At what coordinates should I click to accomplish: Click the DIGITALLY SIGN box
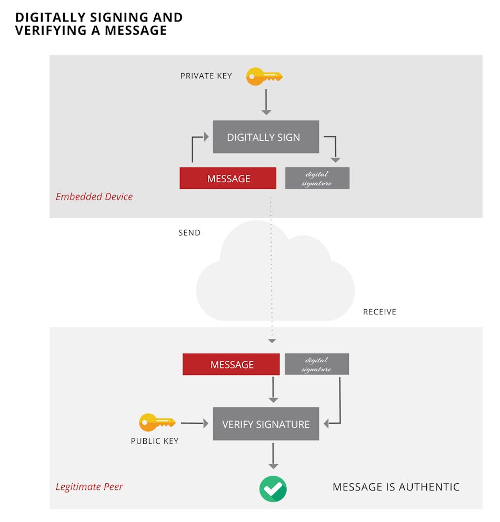(x=266, y=137)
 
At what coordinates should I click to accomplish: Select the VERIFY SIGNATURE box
(x=266, y=424)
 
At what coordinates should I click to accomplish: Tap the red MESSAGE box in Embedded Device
(x=228, y=178)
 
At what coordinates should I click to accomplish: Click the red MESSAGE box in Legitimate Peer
(x=231, y=364)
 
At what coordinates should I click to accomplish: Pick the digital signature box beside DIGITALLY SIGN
(x=317, y=178)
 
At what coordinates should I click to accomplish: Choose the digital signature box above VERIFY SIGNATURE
(x=316, y=364)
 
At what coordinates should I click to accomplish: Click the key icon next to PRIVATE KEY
(x=264, y=77)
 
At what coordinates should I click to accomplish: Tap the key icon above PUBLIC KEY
(x=156, y=422)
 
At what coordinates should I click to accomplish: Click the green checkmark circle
(x=273, y=489)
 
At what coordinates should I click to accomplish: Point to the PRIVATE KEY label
(x=206, y=76)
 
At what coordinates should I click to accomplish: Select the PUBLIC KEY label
(x=155, y=441)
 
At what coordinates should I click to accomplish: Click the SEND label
(x=189, y=233)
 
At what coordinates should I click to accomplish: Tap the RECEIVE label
(x=379, y=312)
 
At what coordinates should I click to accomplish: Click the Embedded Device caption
(x=94, y=197)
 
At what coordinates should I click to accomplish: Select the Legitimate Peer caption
(x=89, y=487)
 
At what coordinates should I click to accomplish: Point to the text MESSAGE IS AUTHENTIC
(x=396, y=487)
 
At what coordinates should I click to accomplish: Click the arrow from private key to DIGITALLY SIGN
(x=266, y=101)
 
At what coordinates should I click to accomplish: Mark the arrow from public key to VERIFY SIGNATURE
(x=192, y=423)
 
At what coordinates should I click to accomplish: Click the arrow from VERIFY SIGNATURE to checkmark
(x=273, y=455)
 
